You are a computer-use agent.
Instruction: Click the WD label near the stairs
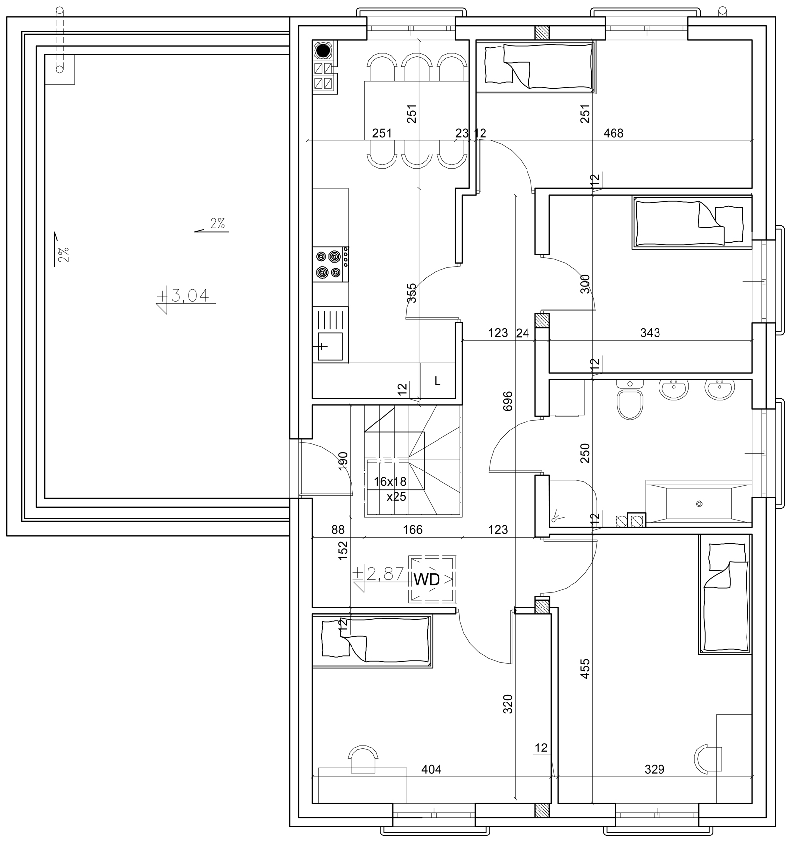[426, 580]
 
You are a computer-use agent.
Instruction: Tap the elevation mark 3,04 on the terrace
[189, 296]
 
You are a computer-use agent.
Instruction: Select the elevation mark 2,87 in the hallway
[385, 574]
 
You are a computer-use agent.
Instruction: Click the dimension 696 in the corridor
[508, 401]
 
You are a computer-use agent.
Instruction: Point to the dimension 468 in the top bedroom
[614, 133]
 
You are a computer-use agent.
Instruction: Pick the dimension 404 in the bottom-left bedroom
[431, 769]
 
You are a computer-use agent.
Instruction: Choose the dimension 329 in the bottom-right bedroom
[655, 769]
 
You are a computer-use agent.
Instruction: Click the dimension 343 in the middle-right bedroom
[650, 333]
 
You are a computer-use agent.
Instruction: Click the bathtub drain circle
[699, 504]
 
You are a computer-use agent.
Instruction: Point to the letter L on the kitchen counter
[437, 381]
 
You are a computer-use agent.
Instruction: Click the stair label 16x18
[390, 481]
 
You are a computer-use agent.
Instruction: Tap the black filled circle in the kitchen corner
[323, 50]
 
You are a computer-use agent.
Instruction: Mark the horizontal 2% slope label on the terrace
[218, 223]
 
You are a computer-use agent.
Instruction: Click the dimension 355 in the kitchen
[411, 293]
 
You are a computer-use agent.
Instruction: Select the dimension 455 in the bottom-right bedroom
[585, 668]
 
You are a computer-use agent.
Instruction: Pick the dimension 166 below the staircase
[413, 529]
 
